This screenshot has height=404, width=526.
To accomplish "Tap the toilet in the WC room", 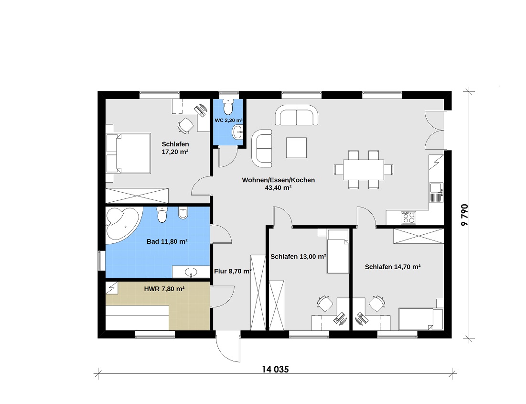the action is (x=228, y=107).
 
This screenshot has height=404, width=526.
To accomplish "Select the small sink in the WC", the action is (x=238, y=131).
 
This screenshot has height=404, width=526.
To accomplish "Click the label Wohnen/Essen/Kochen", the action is (x=279, y=180).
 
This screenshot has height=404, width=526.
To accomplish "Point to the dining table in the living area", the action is (x=363, y=170).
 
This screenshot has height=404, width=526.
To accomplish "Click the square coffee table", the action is (x=296, y=147).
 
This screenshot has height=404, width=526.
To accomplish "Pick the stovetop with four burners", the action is (x=408, y=218).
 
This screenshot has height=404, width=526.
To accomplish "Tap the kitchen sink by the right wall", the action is (x=437, y=192).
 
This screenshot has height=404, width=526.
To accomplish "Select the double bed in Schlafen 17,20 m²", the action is (x=128, y=153).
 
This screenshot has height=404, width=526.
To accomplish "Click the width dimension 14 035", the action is (x=275, y=370).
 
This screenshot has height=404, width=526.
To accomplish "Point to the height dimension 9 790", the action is (x=465, y=215).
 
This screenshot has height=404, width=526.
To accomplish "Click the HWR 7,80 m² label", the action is (x=164, y=289).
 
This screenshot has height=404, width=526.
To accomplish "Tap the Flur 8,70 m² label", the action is (x=233, y=272).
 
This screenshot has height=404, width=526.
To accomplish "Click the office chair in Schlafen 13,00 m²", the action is (x=325, y=303).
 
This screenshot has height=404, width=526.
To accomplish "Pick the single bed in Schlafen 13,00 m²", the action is (x=338, y=251).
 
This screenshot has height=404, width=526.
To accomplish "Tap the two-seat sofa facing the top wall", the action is (x=297, y=115).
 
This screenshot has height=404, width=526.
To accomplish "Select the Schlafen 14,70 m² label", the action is (x=393, y=267).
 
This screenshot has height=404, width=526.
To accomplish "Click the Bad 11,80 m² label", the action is (x=167, y=241).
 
